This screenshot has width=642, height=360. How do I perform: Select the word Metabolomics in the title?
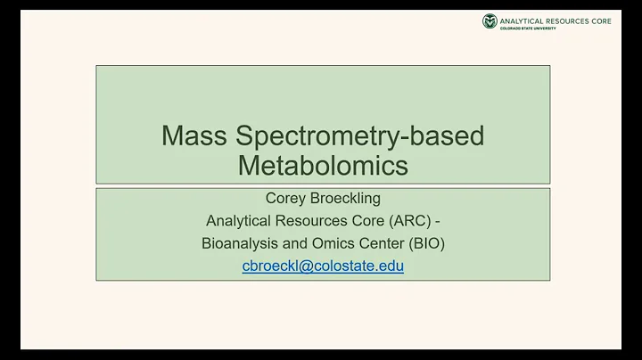point(323,165)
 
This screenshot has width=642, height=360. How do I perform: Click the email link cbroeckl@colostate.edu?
point(323,266)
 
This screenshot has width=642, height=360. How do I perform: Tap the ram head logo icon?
point(490,20)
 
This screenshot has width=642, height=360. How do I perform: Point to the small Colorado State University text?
point(529,29)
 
